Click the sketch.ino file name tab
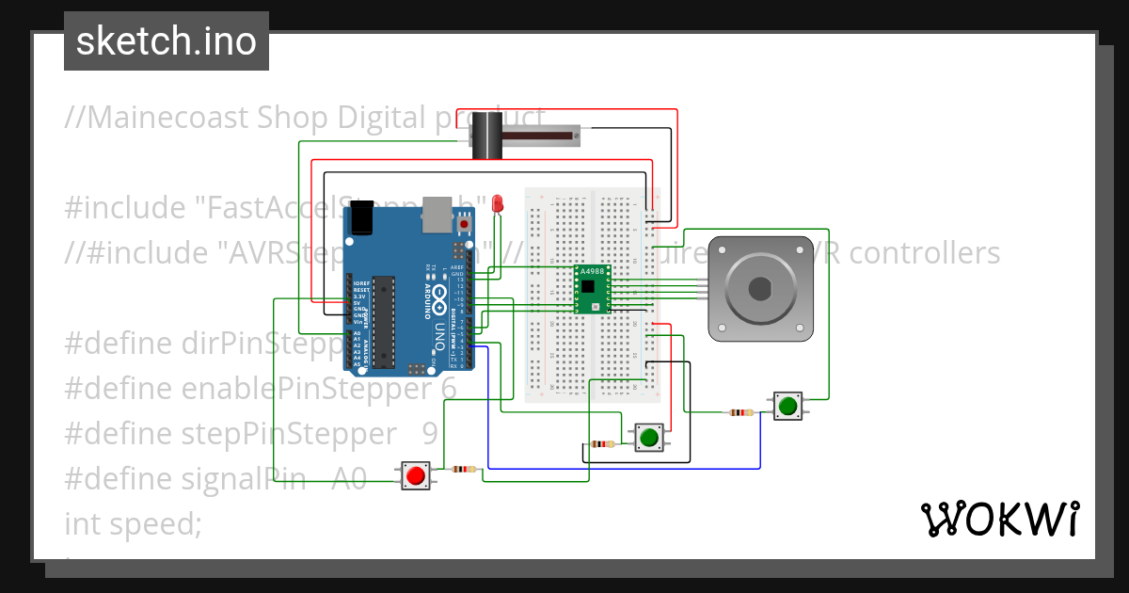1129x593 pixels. [167, 41]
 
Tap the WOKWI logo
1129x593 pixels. [998, 519]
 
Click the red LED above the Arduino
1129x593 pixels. [498, 202]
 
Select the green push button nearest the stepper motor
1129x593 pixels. [787, 407]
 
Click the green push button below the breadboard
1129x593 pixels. [648, 437]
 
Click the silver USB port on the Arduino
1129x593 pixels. [437, 214]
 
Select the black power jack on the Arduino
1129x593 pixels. [363, 217]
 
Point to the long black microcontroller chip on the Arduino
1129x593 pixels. [382, 321]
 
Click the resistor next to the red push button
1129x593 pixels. [464, 469]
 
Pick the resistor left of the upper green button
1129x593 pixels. [741, 411]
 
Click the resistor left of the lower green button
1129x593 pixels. [602, 444]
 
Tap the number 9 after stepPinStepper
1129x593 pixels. [430, 434]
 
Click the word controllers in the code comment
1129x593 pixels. [918, 253]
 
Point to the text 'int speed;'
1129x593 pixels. [133, 524]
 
